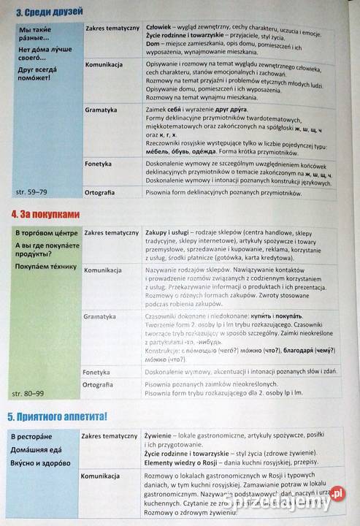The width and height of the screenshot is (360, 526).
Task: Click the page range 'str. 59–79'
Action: [x=30, y=192]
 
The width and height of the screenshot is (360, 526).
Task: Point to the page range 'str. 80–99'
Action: [x=30, y=394]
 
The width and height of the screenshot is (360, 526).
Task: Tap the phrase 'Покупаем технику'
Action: [x=45, y=266]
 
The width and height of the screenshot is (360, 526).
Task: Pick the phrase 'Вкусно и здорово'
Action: [x=45, y=462]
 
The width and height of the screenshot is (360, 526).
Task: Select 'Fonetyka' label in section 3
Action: [x=98, y=164]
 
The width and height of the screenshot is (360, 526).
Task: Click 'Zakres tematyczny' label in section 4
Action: [x=112, y=233]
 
